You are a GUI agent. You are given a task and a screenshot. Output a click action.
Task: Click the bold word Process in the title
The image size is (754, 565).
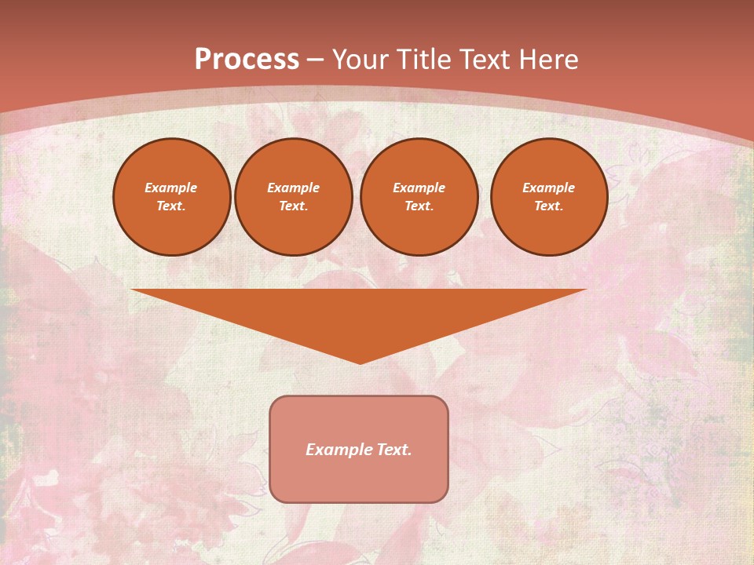coord(247,60)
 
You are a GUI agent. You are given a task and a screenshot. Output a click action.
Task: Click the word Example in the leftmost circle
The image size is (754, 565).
coord(171,188)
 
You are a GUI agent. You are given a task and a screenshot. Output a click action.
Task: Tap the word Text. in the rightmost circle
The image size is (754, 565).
coord(549,206)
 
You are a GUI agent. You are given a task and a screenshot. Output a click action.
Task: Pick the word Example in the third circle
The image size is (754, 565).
coord(419,188)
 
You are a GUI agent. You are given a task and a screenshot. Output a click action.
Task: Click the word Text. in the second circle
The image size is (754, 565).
coord(294,206)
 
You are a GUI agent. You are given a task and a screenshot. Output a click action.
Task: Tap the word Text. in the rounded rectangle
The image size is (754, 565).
coord(393,450)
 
